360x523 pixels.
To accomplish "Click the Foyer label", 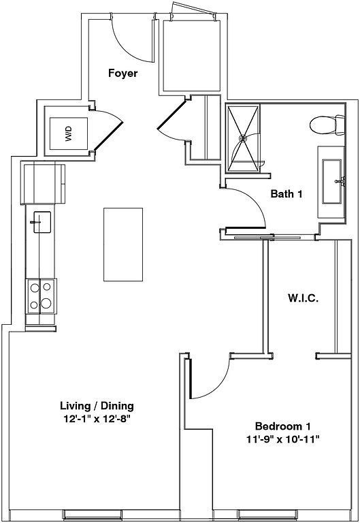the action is pos(122,73).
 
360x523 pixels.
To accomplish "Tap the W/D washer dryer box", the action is pos(69,133).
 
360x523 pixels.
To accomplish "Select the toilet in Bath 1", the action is pos(327,125).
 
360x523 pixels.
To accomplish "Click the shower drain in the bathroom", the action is pos(243,138).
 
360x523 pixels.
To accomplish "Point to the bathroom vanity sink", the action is pos(332,181).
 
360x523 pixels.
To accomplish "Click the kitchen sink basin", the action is pos(42,222).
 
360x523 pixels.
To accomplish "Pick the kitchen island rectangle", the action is pos(123,244).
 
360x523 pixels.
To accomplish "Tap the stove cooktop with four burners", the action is pos(40,296).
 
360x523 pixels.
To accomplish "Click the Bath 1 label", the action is pos(287,193).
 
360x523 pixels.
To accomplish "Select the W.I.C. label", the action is pos(303,298).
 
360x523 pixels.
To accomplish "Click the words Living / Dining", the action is pos(97,406).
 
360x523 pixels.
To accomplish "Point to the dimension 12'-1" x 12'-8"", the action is pos(97,419).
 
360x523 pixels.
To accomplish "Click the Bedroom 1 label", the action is pos(283,426).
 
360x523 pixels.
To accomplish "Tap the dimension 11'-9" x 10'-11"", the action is pos(283,439).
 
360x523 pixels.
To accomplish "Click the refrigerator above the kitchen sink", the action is pos(44,183).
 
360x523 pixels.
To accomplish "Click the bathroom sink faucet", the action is pos(340,181).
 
